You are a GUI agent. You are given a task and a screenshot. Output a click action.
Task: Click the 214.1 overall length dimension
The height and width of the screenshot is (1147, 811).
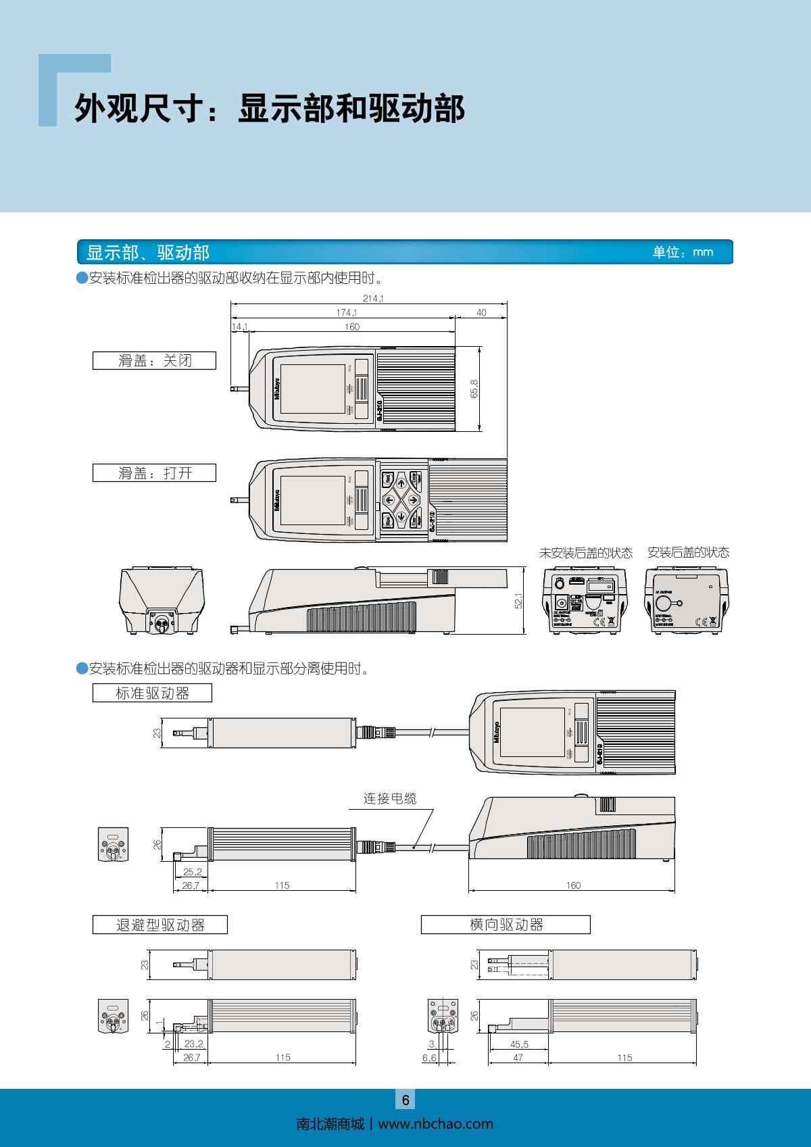point(368,298)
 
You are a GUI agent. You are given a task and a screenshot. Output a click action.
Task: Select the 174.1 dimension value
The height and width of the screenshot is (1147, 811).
point(347,313)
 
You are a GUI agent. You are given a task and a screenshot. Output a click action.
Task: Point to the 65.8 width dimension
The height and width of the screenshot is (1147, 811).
point(474,389)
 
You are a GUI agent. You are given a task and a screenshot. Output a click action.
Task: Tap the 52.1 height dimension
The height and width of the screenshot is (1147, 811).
point(519,601)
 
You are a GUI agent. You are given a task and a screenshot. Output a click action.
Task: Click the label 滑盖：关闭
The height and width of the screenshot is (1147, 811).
point(155,361)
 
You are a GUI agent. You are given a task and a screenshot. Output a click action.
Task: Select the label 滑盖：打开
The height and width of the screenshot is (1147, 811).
point(155,473)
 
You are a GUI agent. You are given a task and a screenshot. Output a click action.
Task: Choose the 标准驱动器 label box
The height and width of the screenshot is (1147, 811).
point(152,693)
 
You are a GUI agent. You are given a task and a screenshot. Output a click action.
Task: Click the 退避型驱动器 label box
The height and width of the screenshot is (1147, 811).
point(160,925)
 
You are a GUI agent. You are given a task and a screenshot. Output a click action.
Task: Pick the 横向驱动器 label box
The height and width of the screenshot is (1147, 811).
point(506,925)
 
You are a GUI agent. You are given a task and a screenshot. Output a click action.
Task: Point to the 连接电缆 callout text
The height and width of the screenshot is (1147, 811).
point(390,798)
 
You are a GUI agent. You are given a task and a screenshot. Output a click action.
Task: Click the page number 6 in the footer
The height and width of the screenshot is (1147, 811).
point(405,1100)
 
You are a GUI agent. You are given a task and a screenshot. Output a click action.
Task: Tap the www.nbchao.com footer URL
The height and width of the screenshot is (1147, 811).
point(435,1124)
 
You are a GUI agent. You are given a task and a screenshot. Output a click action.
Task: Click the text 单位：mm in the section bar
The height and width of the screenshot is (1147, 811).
point(683,252)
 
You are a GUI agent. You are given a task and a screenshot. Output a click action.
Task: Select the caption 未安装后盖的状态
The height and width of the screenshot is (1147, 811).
point(585,553)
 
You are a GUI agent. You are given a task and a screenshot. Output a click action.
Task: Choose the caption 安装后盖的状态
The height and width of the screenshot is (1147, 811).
point(688,553)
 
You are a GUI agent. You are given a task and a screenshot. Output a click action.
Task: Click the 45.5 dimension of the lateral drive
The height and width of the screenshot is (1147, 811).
point(519,1044)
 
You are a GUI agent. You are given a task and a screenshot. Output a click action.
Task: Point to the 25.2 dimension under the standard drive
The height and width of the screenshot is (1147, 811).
point(193,872)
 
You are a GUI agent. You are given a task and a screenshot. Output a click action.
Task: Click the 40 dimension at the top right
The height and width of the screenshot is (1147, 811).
point(481,313)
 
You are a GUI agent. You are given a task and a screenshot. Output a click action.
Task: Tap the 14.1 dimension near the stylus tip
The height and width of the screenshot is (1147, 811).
point(239,327)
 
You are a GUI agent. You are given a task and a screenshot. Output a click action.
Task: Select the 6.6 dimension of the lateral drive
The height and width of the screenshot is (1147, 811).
point(429,1058)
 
